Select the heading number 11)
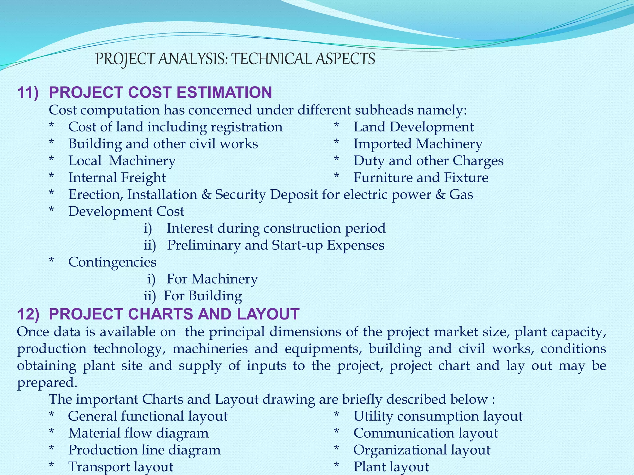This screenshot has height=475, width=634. (28, 92)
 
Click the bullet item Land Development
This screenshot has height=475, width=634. (413, 127)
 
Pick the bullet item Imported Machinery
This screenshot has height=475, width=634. (418, 144)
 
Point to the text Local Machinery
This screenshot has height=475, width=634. (122, 161)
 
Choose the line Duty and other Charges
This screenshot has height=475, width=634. (428, 161)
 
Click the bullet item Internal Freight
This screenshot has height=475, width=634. (117, 178)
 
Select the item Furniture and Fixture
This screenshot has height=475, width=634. (421, 178)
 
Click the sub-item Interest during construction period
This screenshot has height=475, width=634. (276, 229)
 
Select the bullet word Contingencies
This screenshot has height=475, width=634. (112, 262)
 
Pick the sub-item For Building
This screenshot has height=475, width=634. (203, 296)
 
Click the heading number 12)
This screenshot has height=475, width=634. (28, 314)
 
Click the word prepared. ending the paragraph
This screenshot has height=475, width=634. (47, 383)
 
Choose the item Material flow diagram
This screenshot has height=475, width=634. (138, 433)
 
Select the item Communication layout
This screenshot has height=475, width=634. (426, 433)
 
